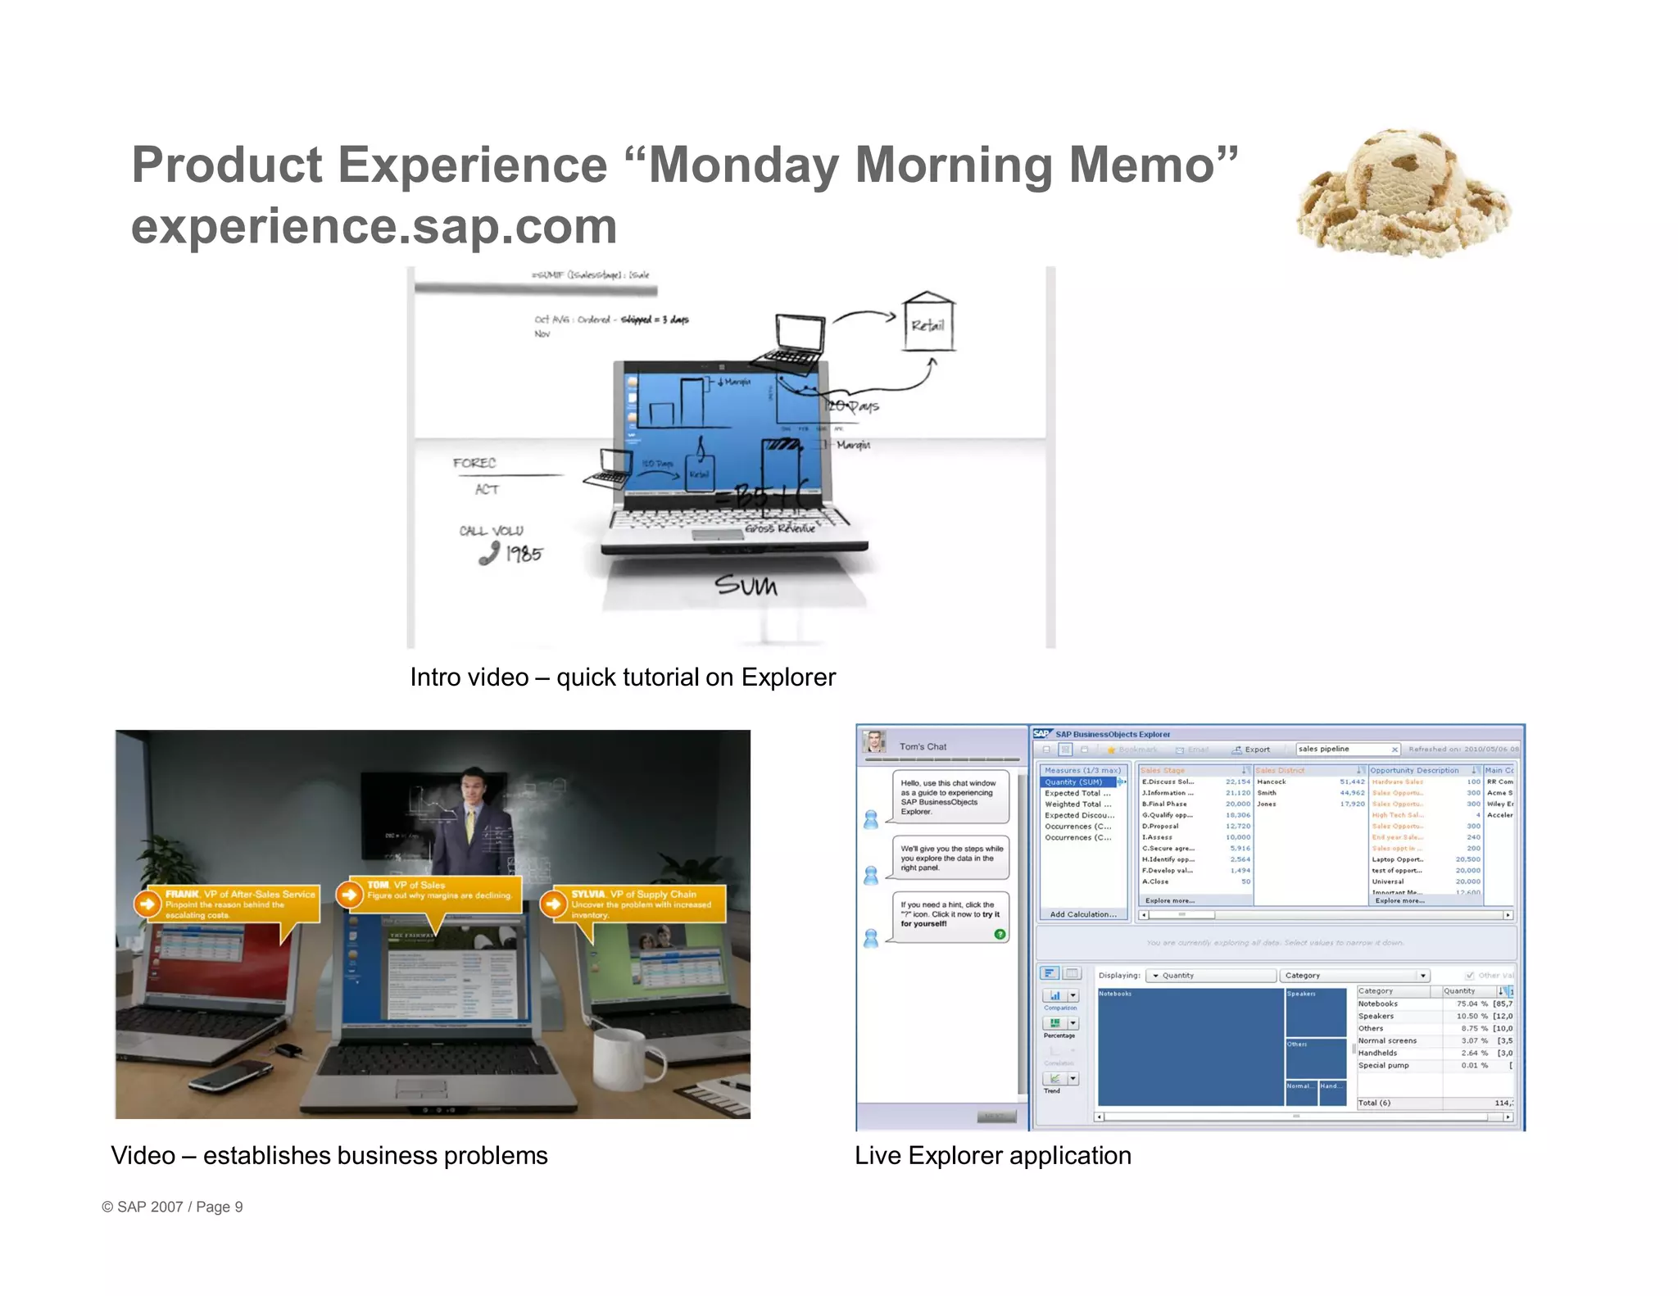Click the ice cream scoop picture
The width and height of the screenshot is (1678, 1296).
(x=1403, y=193)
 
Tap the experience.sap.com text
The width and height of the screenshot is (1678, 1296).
(x=374, y=226)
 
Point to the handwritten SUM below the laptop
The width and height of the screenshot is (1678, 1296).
(x=746, y=585)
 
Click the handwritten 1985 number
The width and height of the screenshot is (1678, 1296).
(x=523, y=555)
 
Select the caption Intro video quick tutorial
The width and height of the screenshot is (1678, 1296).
(x=623, y=677)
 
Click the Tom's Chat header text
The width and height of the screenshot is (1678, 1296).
(x=923, y=746)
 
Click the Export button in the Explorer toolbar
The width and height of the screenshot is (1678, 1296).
(x=1251, y=750)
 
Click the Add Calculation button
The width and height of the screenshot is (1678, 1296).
(x=1082, y=914)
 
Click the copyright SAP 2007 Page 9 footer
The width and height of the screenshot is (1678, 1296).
(x=172, y=1207)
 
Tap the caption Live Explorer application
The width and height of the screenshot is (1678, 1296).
(x=992, y=1155)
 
